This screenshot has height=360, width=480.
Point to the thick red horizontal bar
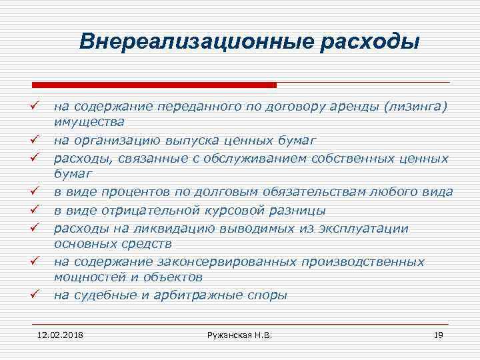pos(154,85)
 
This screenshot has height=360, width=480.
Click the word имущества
pos(89,122)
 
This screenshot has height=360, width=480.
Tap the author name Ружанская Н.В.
pos(240,334)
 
